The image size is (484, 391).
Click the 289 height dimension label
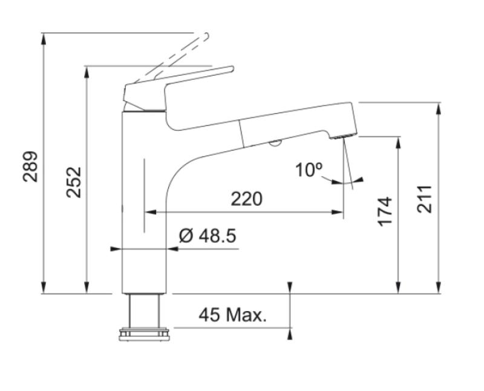[x=31, y=166]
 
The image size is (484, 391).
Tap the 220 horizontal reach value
[x=246, y=198]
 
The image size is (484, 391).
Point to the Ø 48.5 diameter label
[x=208, y=235]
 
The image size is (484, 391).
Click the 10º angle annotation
[x=310, y=170]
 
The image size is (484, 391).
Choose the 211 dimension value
[x=426, y=199]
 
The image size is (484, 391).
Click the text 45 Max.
[x=233, y=315]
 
